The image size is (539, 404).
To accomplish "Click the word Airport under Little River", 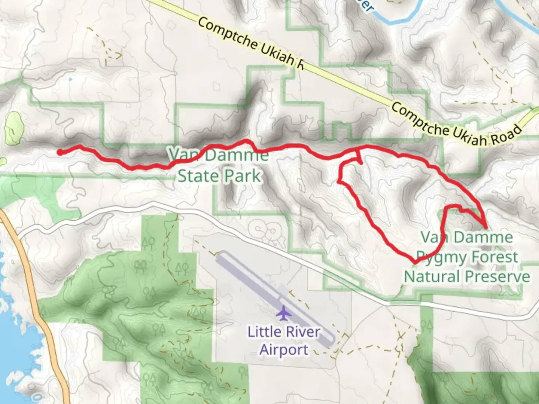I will click(x=284, y=350).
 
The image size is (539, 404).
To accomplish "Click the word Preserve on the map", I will click(x=498, y=277).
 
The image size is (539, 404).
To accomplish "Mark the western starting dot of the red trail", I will click(x=60, y=152).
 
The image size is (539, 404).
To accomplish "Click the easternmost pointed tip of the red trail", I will click(x=485, y=227).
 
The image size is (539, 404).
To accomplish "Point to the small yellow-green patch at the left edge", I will click(x=13, y=128).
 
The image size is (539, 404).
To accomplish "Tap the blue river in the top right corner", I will click(x=520, y=15).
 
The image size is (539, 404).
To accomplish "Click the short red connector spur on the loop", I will click(x=358, y=156).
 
